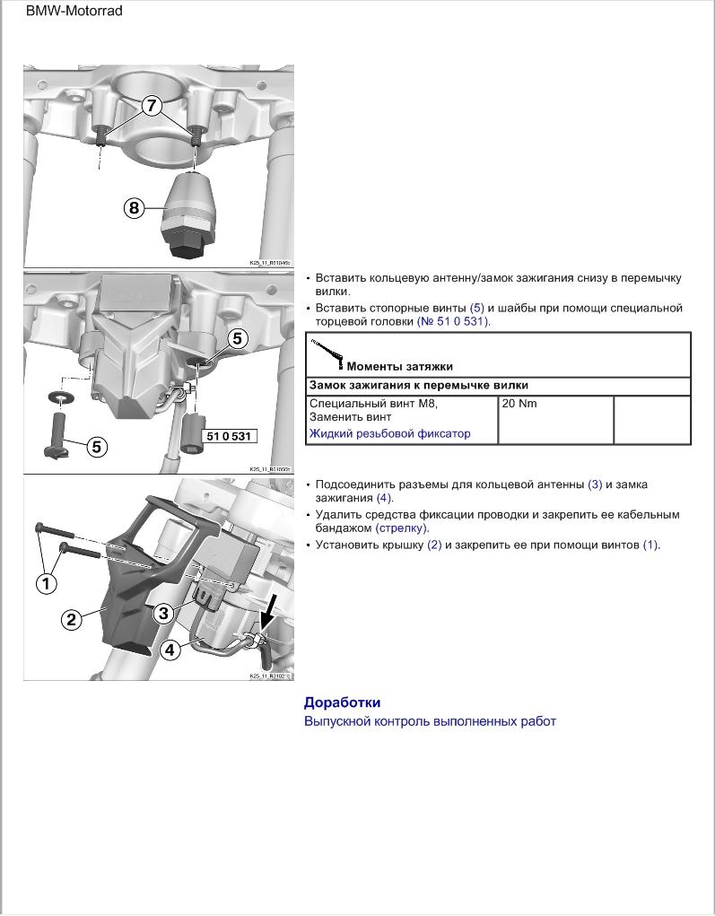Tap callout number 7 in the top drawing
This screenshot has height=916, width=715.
(151, 105)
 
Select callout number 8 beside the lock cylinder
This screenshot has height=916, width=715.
(134, 208)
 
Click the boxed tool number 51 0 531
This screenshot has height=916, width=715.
(228, 436)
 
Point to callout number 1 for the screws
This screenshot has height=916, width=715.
(46, 583)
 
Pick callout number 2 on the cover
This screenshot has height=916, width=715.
(71, 619)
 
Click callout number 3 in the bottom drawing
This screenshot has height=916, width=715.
(162, 613)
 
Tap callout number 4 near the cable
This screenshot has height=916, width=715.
(170, 650)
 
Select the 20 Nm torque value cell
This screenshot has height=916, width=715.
(519, 404)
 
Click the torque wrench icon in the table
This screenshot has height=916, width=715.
(327, 353)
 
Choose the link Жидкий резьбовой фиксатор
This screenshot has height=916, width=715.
(389, 433)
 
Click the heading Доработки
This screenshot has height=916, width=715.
(342, 702)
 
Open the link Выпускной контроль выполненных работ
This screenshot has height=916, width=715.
(430, 721)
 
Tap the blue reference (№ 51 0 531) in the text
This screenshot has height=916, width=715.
(454, 321)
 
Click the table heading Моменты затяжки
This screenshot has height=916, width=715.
(399, 366)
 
